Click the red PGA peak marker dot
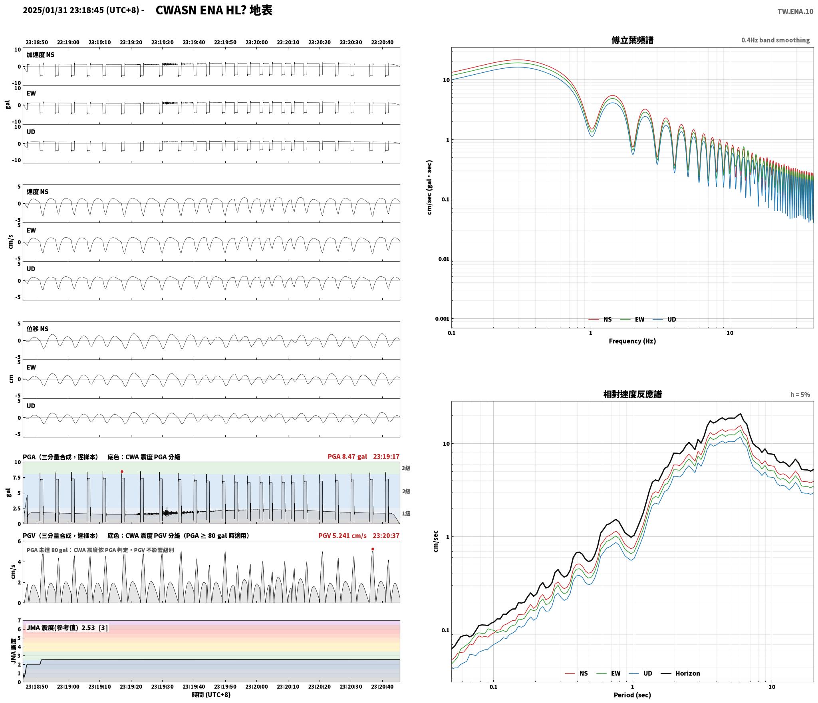[x=122, y=471]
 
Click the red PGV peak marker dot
[x=373, y=549]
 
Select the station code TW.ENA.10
[x=795, y=12]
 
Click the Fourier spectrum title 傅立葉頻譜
[x=632, y=40]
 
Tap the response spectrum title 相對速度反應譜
[x=632, y=394]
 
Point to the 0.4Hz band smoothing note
[x=775, y=40]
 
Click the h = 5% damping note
[x=800, y=395]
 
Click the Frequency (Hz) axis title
[x=632, y=341]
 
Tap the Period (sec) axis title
[x=632, y=695]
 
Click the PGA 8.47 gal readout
[x=347, y=457]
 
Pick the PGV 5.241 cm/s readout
[x=342, y=536]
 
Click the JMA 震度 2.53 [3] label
[x=67, y=628]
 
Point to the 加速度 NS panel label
[x=40, y=55]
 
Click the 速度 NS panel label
[x=38, y=192]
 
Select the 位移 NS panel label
[x=38, y=329]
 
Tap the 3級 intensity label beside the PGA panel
[x=406, y=468]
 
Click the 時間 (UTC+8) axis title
[x=211, y=695]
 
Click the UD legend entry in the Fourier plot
[x=665, y=320]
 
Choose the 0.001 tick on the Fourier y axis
[x=442, y=319]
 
